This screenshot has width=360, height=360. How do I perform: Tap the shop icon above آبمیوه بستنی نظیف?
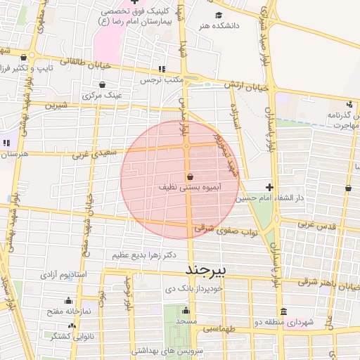point(190,176)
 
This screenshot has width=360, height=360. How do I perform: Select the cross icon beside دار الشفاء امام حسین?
point(270,187)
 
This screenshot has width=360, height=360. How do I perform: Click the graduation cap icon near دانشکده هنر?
point(219,15)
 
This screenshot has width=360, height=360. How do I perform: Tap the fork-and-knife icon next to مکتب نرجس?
point(162,70)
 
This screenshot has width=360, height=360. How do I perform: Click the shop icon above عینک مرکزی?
point(103,84)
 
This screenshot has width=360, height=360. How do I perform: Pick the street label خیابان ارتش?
point(247,87)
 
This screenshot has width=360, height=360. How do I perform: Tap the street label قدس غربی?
point(314,224)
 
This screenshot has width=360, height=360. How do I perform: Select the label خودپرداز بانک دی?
point(194,288)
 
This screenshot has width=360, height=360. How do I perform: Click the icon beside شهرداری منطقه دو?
point(283,311)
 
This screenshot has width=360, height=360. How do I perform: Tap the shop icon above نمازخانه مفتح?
point(69,301)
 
